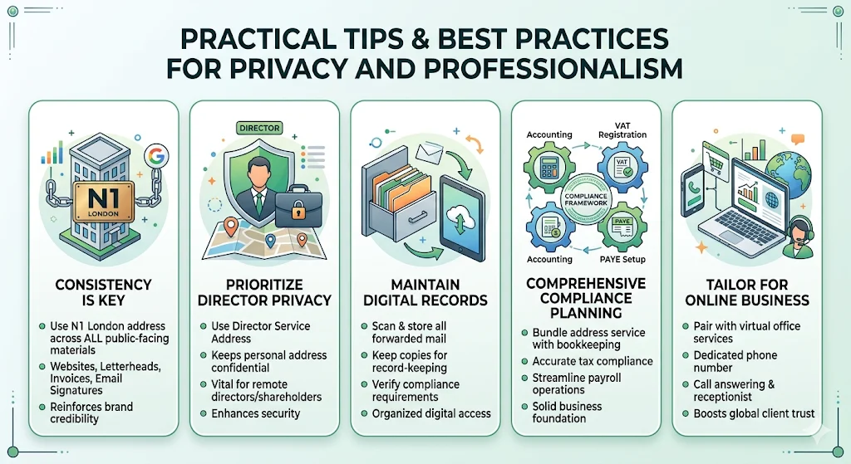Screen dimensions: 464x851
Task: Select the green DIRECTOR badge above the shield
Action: tap(259, 129)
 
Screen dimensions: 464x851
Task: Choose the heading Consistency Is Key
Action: tap(102, 292)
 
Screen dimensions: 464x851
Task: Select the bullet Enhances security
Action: tap(255, 413)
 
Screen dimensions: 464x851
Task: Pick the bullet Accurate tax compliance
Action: tap(593, 361)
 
